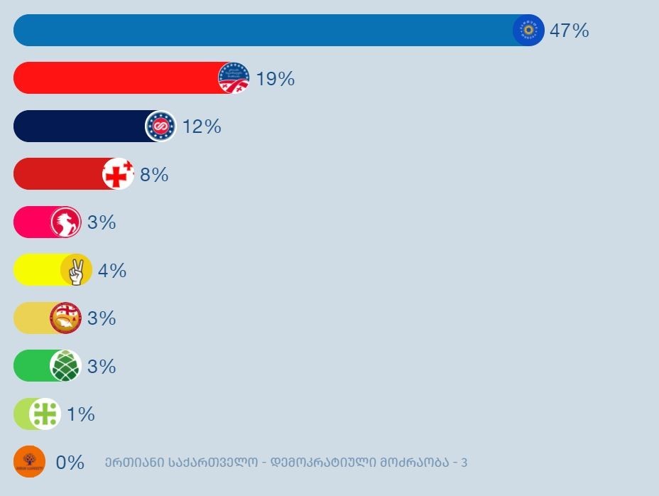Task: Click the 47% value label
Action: click(x=570, y=31)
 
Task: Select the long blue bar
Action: click(x=263, y=31)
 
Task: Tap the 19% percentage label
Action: click(x=276, y=79)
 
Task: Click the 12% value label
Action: click(x=202, y=126)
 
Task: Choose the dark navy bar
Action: click(x=78, y=126)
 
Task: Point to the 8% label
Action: click(x=154, y=175)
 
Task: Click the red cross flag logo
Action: click(x=118, y=174)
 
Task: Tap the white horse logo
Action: click(x=65, y=222)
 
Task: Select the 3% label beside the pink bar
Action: click(x=102, y=222)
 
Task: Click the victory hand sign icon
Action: click(x=76, y=271)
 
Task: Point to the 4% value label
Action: click(x=112, y=271)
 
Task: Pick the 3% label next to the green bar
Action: click(x=102, y=367)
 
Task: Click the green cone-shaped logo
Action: click(x=65, y=366)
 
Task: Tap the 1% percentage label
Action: click(x=81, y=414)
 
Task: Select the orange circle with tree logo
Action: click(x=30, y=462)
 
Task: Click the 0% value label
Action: click(x=70, y=463)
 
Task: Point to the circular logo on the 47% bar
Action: click(x=528, y=31)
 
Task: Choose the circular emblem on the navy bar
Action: click(x=160, y=126)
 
